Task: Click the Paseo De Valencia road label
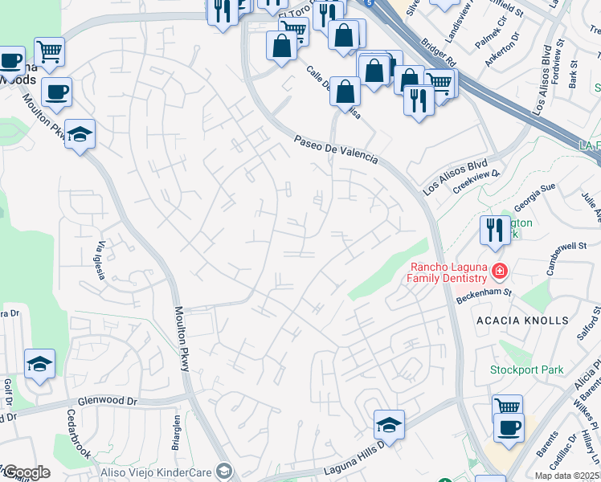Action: [335, 149]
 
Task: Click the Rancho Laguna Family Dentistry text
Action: [448, 273]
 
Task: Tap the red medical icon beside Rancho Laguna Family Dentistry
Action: [500, 272]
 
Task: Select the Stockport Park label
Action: [527, 370]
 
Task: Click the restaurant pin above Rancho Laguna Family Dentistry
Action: [492, 231]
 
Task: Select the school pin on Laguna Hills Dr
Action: [389, 425]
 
